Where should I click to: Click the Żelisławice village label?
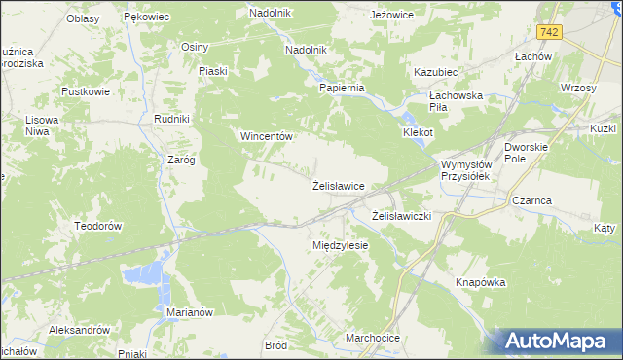tap(339, 185)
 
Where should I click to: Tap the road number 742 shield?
tap(551, 32)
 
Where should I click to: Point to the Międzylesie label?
tap(340, 245)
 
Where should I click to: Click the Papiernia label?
tap(342, 88)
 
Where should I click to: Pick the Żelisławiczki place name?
tap(402, 215)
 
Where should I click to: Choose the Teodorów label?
tap(97, 225)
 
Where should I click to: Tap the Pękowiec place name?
tap(148, 18)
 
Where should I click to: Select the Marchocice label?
tap(373, 338)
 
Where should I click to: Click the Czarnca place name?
tap(531, 200)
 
